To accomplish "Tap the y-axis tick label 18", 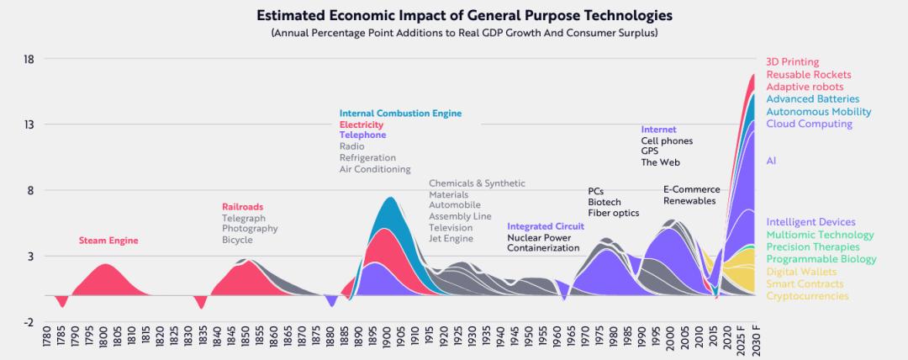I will click(x=28, y=59).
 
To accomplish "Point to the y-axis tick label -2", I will click(x=28, y=321).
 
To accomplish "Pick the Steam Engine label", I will click(x=108, y=241).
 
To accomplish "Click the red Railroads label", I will click(x=243, y=206).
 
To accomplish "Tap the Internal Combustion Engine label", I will click(x=400, y=114).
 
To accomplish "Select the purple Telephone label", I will click(x=362, y=135).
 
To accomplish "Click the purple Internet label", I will click(x=658, y=130).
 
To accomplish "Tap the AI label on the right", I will click(x=771, y=161).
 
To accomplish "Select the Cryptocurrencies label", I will click(x=807, y=296).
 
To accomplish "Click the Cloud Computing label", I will click(x=809, y=124).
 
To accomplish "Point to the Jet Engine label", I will click(x=451, y=239).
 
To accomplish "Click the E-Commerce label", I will click(x=689, y=189).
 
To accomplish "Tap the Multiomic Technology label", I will click(x=820, y=236).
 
